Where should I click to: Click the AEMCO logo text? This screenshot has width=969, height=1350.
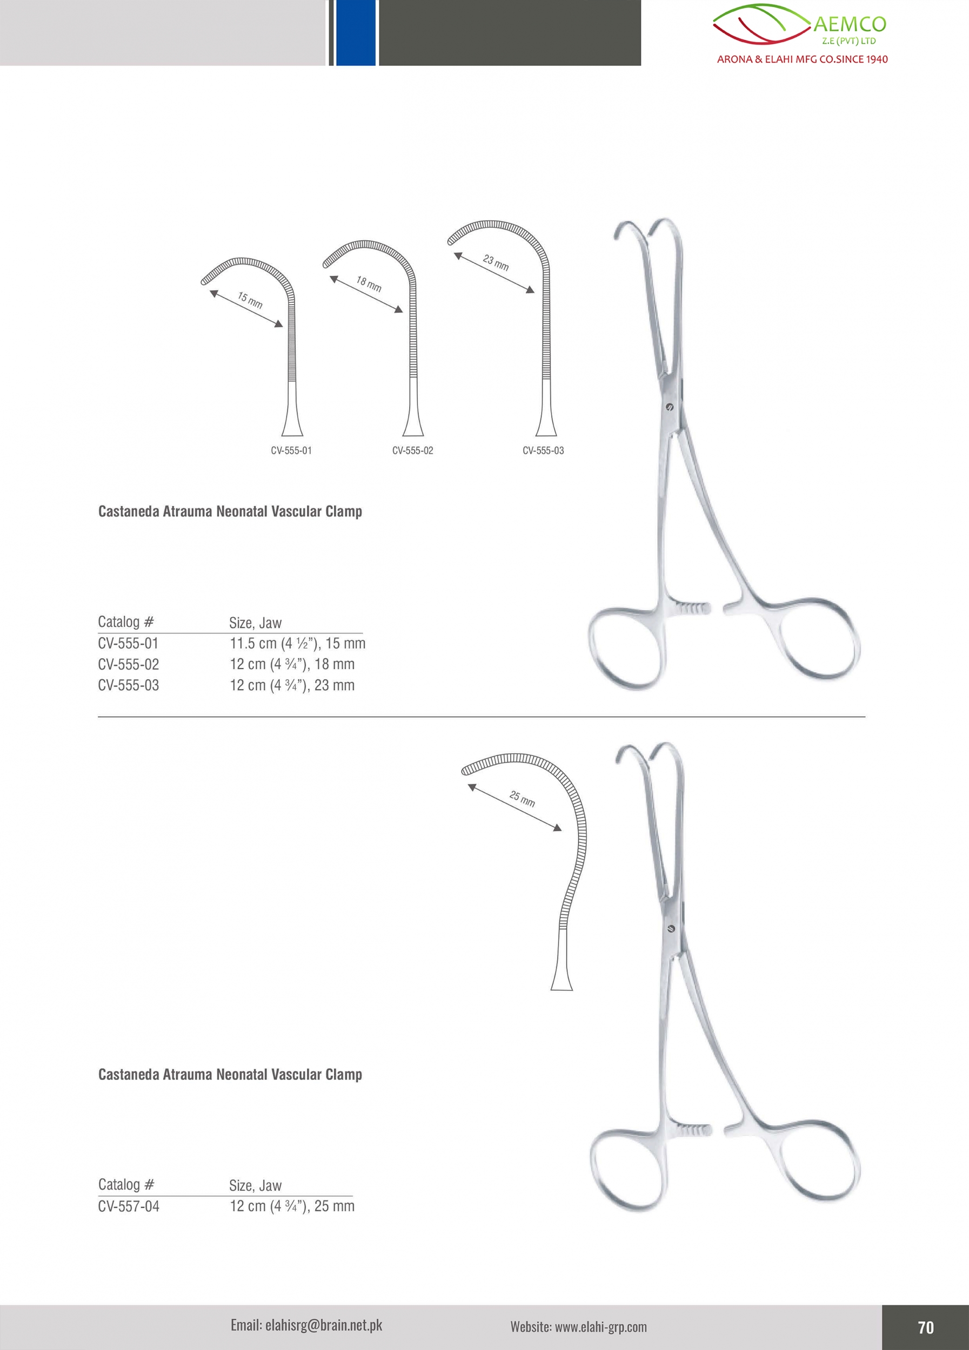[x=850, y=24]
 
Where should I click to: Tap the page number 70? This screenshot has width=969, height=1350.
[x=926, y=1327]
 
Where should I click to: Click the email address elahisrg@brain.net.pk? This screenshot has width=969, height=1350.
[x=307, y=1325]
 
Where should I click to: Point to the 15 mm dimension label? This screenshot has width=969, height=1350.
[x=250, y=300]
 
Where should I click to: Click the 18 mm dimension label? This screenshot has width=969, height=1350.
[x=369, y=284]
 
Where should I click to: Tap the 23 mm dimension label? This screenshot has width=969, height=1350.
[x=496, y=262]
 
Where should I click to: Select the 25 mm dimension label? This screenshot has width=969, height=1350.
[x=522, y=798]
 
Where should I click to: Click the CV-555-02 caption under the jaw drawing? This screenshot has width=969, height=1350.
[x=413, y=450]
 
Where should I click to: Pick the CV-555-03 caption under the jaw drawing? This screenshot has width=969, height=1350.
[x=543, y=450]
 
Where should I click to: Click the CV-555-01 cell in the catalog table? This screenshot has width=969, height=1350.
[x=129, y=644]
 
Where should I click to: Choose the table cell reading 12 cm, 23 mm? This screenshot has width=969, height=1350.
[x=292, y=685]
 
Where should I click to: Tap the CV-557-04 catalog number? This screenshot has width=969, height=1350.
[x=129, y=1206]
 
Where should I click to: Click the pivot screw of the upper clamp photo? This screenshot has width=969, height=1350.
[x=669, y=407]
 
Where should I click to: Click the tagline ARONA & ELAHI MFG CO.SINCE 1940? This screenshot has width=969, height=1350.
[x=802, y=59]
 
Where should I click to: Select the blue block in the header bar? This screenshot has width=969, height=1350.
[x=356, y=33]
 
